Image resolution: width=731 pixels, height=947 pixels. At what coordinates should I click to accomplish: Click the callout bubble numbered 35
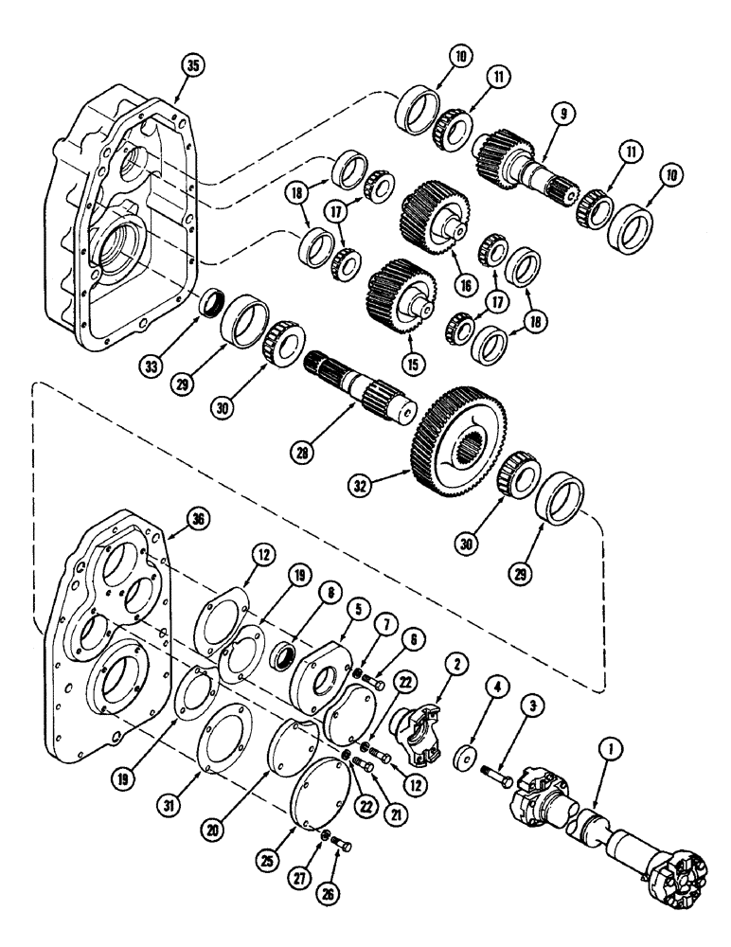pyautogui.click(x=192, y=66)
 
